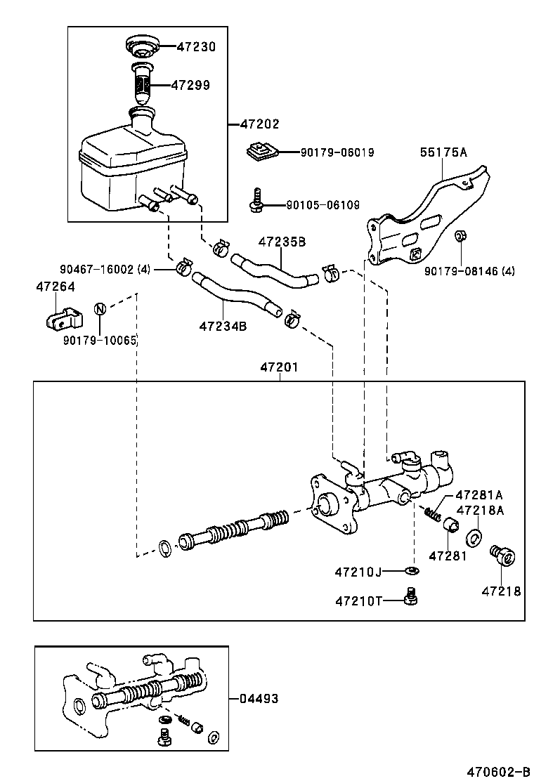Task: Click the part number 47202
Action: (259, 124)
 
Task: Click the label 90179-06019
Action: (337, 152)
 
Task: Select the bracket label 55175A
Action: (443, 151)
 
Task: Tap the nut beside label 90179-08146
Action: (460, 254)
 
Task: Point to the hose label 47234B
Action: (223, 326)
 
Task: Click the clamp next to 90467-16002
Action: (184, 266)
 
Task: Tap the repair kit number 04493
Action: (259, 699)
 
